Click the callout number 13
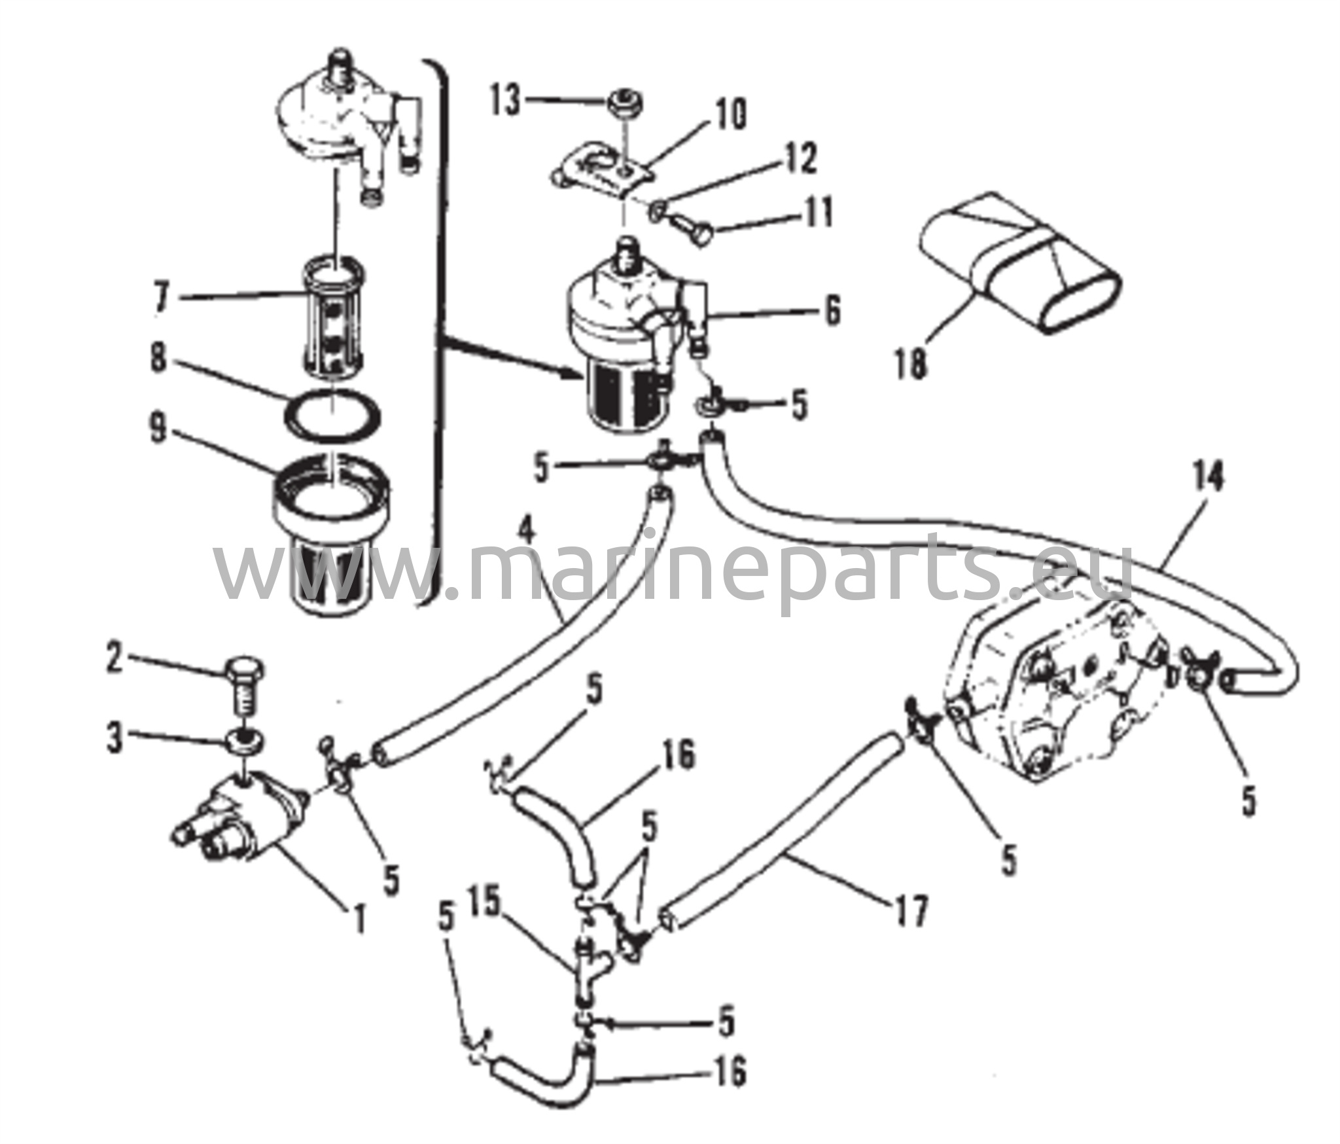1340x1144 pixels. point(505,102)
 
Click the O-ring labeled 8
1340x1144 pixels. point(333,416)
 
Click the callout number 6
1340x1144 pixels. point(833,312)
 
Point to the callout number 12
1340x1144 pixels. point(802,160)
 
